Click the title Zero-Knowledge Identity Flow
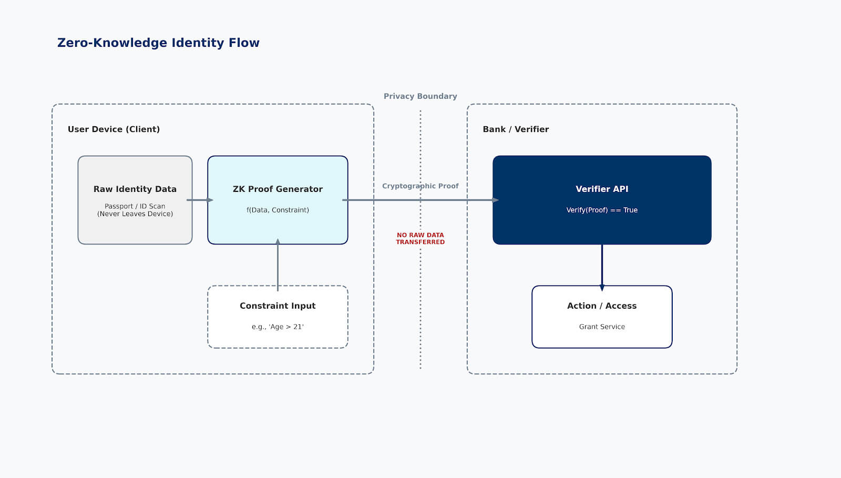158,43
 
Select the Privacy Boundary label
420,96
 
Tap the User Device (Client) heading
114,129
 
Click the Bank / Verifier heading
516,129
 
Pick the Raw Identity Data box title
135,189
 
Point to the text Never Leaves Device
135,214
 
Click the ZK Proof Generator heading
278,189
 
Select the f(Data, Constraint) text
278,210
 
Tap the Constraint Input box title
278,306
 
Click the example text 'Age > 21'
278,327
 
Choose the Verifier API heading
602,189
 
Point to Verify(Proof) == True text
602,210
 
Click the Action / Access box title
602,306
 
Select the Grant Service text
602,327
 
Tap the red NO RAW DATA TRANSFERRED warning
420,239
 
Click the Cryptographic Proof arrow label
420,186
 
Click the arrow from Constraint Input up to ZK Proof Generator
278,266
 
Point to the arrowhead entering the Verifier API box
495,200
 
